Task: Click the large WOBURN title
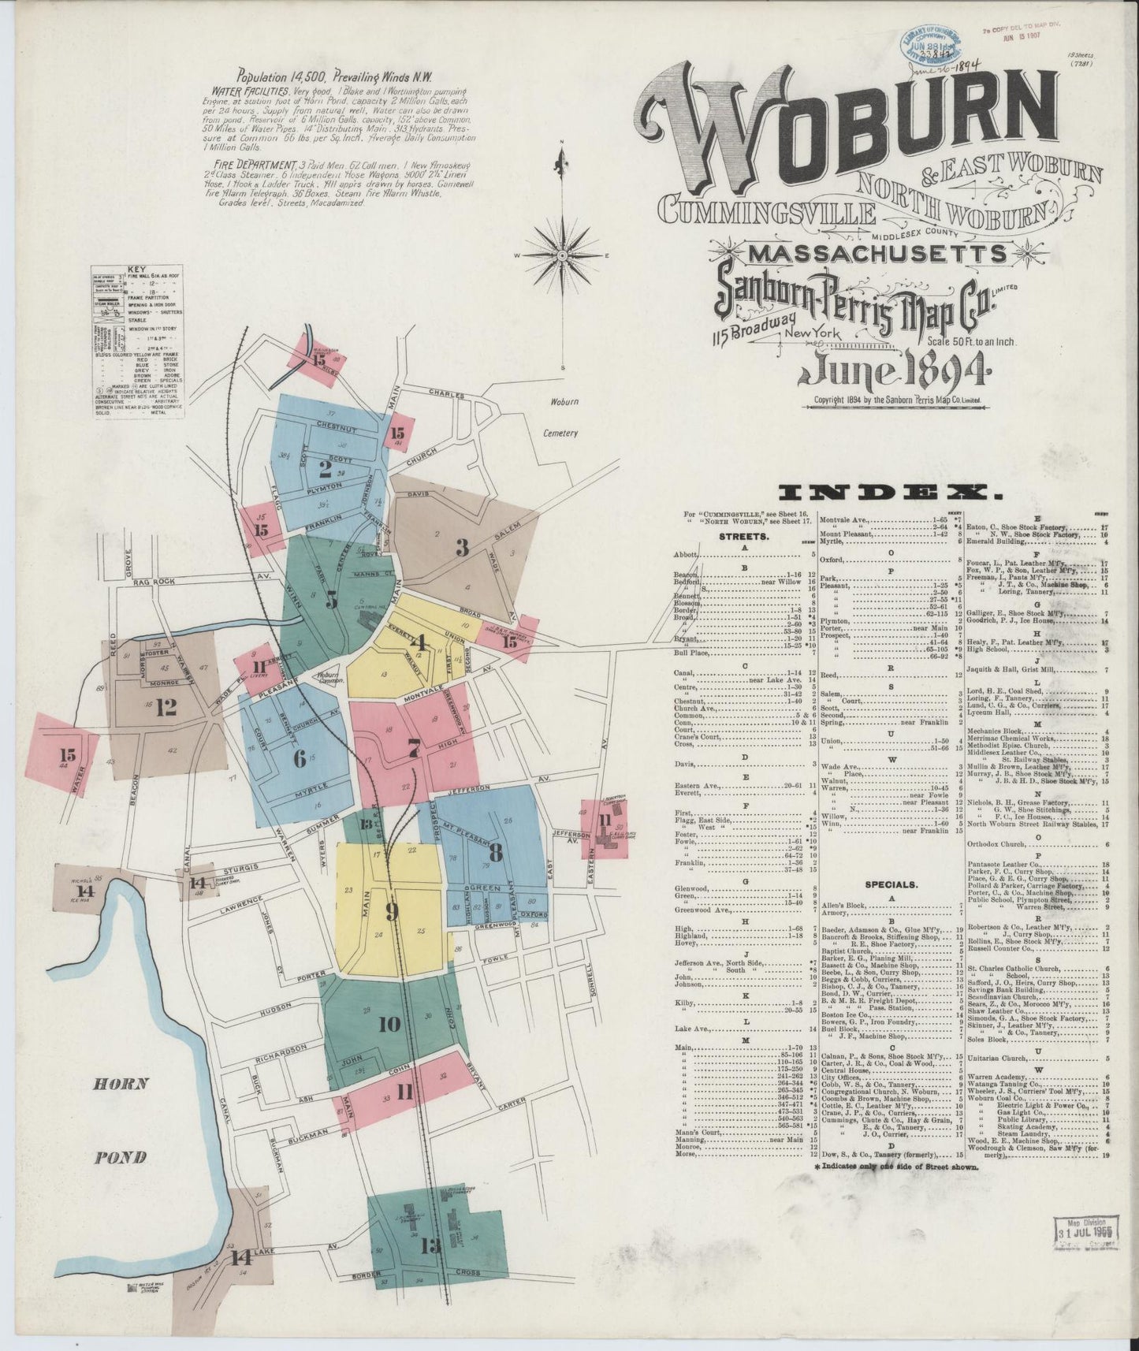(x=847, y=126)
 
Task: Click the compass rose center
(x=563, y=255)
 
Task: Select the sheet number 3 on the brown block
(x=462, y=547)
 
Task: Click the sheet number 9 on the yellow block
(x=391, y=911)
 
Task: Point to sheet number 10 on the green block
(x=389, y=1025)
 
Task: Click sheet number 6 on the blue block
(x=299, y=758)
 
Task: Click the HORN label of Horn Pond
(x=121, y=1083)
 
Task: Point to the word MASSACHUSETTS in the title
(x=877, y=254)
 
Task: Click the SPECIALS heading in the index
(x=891, y=884)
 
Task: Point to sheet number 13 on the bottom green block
(x=431, y=1245)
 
